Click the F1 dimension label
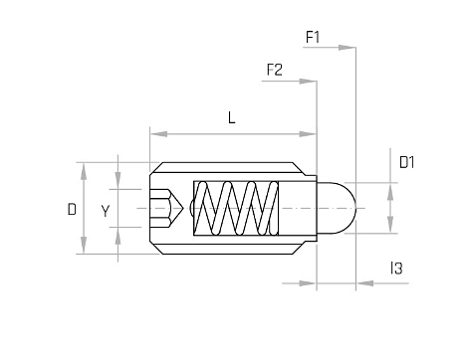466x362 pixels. (313, 37)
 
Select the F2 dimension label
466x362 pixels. (275, 70)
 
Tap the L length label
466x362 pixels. (232, 117)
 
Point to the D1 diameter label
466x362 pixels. (407, 162)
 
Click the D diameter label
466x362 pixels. (72, 209)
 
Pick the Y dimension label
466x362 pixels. (106, 211)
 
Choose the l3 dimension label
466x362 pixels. (396, 269)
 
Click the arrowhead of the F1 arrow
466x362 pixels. (348, 48)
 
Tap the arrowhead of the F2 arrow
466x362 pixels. (308, 82)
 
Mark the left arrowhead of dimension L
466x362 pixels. (158, 134)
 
